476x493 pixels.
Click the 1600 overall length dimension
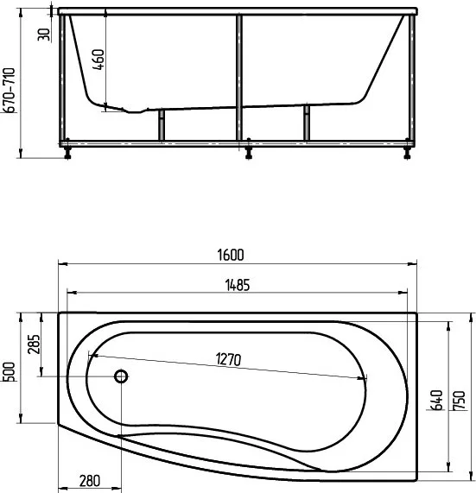(x=231, y=255)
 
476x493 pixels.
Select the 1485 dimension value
(x=238, y=285)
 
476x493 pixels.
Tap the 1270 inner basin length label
(x=229, y=360)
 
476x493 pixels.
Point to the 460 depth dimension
(x=98, y=60)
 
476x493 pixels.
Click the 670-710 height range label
(x=9, y=90)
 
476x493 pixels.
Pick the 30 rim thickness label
(x=44, y=35)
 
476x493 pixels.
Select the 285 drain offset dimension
(x=34, y=344)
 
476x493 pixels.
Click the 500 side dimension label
(x=9, y=372)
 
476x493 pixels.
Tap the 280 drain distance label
(x=90, y=481)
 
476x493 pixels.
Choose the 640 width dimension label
(x=436, y=400)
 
